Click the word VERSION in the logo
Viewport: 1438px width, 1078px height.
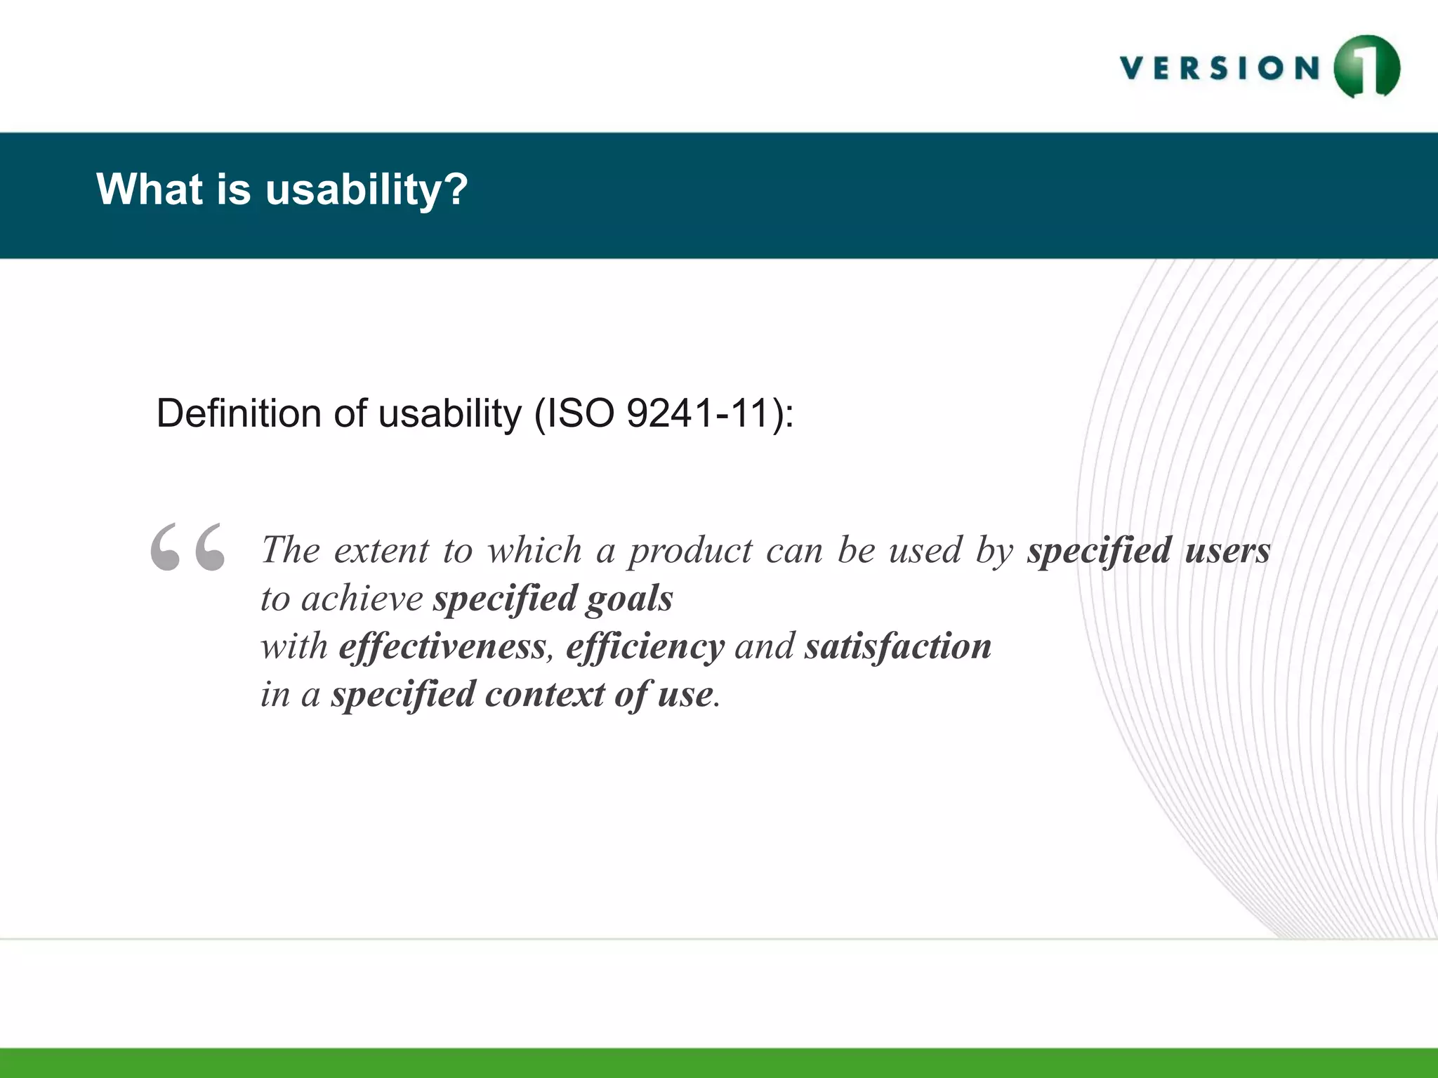click(x=1220, y=69)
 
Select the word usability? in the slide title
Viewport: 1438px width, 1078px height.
click(x=366, y=189)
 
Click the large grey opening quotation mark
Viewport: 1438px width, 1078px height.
click(x=187, y=547)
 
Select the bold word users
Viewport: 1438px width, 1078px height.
click(x=1227, y=550)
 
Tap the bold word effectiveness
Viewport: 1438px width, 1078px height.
click(x=442, y=646)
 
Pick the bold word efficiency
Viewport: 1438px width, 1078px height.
click(x=645, y=646)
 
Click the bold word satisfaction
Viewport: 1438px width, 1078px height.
click(x=898, y=646)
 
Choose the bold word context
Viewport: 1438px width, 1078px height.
click(x=544, y=694)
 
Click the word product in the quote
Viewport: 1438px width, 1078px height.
click(x=691, y=550)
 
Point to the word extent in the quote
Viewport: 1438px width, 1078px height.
click(x=381, y=550)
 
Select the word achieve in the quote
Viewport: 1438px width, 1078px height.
click(x=362, y=599)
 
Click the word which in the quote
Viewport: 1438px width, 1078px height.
click(x=534, y=550)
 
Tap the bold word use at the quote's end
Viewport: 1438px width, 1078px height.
click(x=685, y=694)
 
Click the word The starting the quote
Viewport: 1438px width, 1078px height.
click(x=291, y=550)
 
